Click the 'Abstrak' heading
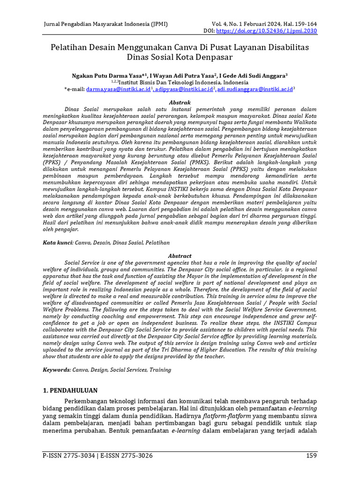click(180, 102)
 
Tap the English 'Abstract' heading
click(180, 256)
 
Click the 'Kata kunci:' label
click(58, 242)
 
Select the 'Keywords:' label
click(57, 370)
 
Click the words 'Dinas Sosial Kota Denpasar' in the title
click(180, 58)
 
